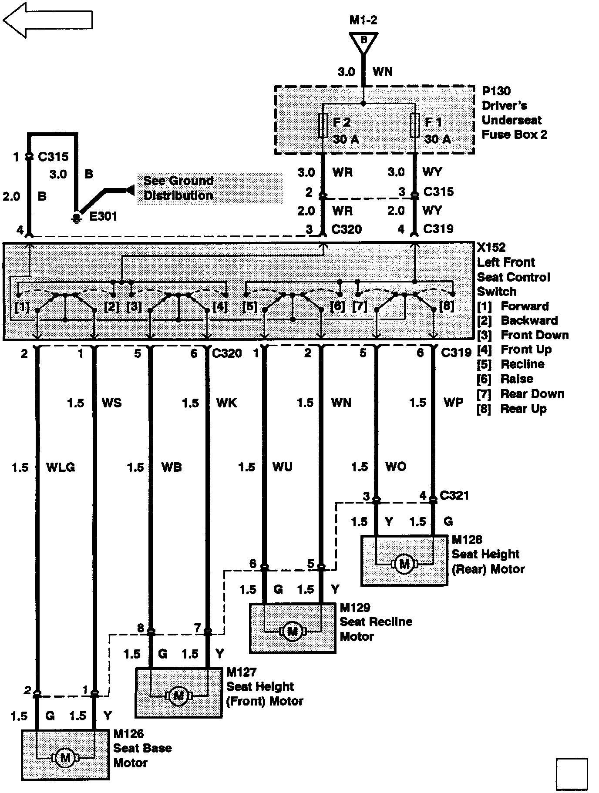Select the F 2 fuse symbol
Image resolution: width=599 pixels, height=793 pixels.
coord(323,126)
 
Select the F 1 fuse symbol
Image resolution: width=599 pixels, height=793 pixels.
coord(415,126)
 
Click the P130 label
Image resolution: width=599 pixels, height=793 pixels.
coord(496,91)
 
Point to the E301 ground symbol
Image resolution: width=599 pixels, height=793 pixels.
coord(77,217)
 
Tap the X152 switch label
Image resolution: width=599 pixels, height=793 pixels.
coord(491,248)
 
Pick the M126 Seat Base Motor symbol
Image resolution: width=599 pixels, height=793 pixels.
coord(65,758)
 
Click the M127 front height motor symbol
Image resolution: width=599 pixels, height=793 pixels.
coord(178,696)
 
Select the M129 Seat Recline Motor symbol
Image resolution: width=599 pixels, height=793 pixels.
coord(293,630)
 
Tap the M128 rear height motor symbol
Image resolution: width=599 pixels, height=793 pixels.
coord(405,564)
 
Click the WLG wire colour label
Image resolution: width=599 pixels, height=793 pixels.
coord(61,467)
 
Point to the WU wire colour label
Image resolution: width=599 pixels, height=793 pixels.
coord(283,467)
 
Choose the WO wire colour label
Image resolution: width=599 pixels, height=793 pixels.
coord(396,467)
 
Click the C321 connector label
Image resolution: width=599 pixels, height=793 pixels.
coord(454,495)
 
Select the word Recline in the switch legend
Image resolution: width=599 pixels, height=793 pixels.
coord(523,364)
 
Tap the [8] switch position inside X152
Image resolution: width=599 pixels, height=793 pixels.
coord(446,306)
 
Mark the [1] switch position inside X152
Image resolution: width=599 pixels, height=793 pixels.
coord(22,307)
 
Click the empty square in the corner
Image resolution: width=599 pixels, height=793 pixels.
coord(572,775)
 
